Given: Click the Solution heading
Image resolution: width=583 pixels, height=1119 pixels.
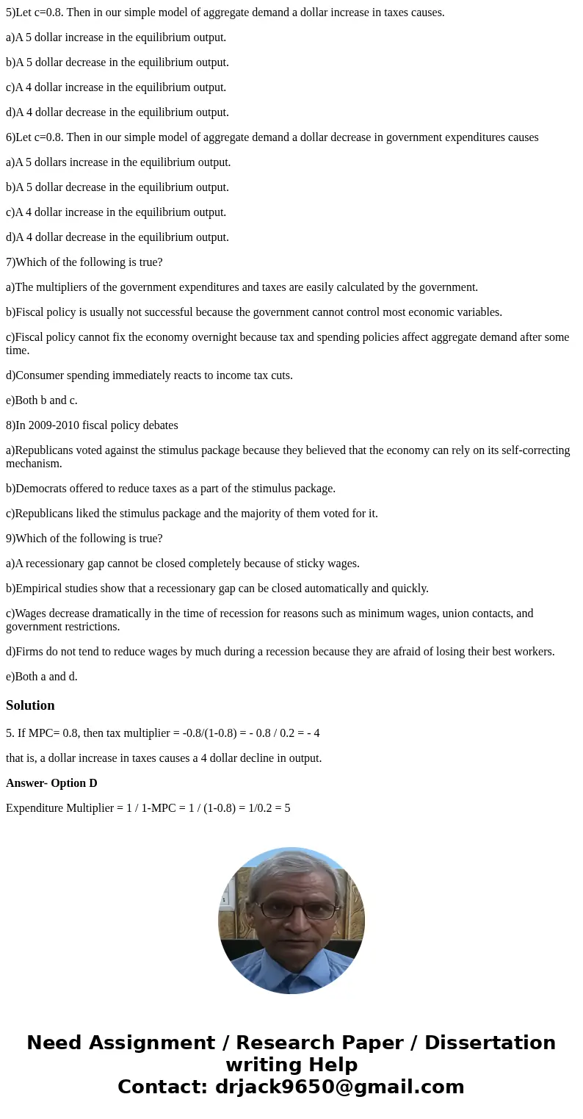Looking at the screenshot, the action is pyautogui.click(x=30, y=705).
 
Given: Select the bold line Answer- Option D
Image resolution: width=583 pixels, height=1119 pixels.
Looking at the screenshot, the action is pyautogui.click(x=51, y=783).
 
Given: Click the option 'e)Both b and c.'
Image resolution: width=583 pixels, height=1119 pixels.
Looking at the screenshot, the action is pyautogui.click(x=42, y=400).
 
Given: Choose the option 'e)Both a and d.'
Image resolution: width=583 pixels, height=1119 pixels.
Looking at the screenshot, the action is pyautogui.click(x=42, y=677).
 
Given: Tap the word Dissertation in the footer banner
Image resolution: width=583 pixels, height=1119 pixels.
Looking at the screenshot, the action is pyautogui.click(x=490, y=1043).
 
